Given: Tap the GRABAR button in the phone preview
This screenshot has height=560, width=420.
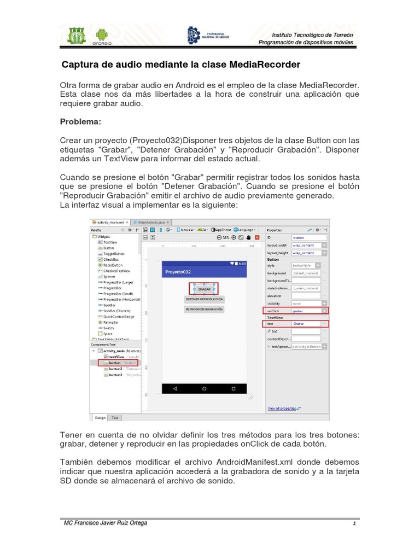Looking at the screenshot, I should [x=204, y=289].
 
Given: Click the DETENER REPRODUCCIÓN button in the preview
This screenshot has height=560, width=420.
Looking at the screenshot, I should [x=204, y=300].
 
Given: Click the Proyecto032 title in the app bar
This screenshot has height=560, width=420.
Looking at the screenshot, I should [x=178, y=272].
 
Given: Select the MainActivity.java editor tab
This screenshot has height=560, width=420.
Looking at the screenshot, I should [x=150, y=223].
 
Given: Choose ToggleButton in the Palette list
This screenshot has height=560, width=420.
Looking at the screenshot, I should [x=114, y=254].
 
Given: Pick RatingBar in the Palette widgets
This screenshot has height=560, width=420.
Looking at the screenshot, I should [x=112, y=322].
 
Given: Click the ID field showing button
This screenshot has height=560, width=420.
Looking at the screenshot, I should [x=308, y=238].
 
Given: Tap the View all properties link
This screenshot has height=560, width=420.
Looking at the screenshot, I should [x=282, y=408].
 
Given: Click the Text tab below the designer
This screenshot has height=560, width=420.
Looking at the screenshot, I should [x=115, y=418].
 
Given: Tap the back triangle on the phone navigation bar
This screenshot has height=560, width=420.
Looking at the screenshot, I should [x=175, y=388].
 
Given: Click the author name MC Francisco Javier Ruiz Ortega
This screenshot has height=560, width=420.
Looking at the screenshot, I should [x=106, y=523].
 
